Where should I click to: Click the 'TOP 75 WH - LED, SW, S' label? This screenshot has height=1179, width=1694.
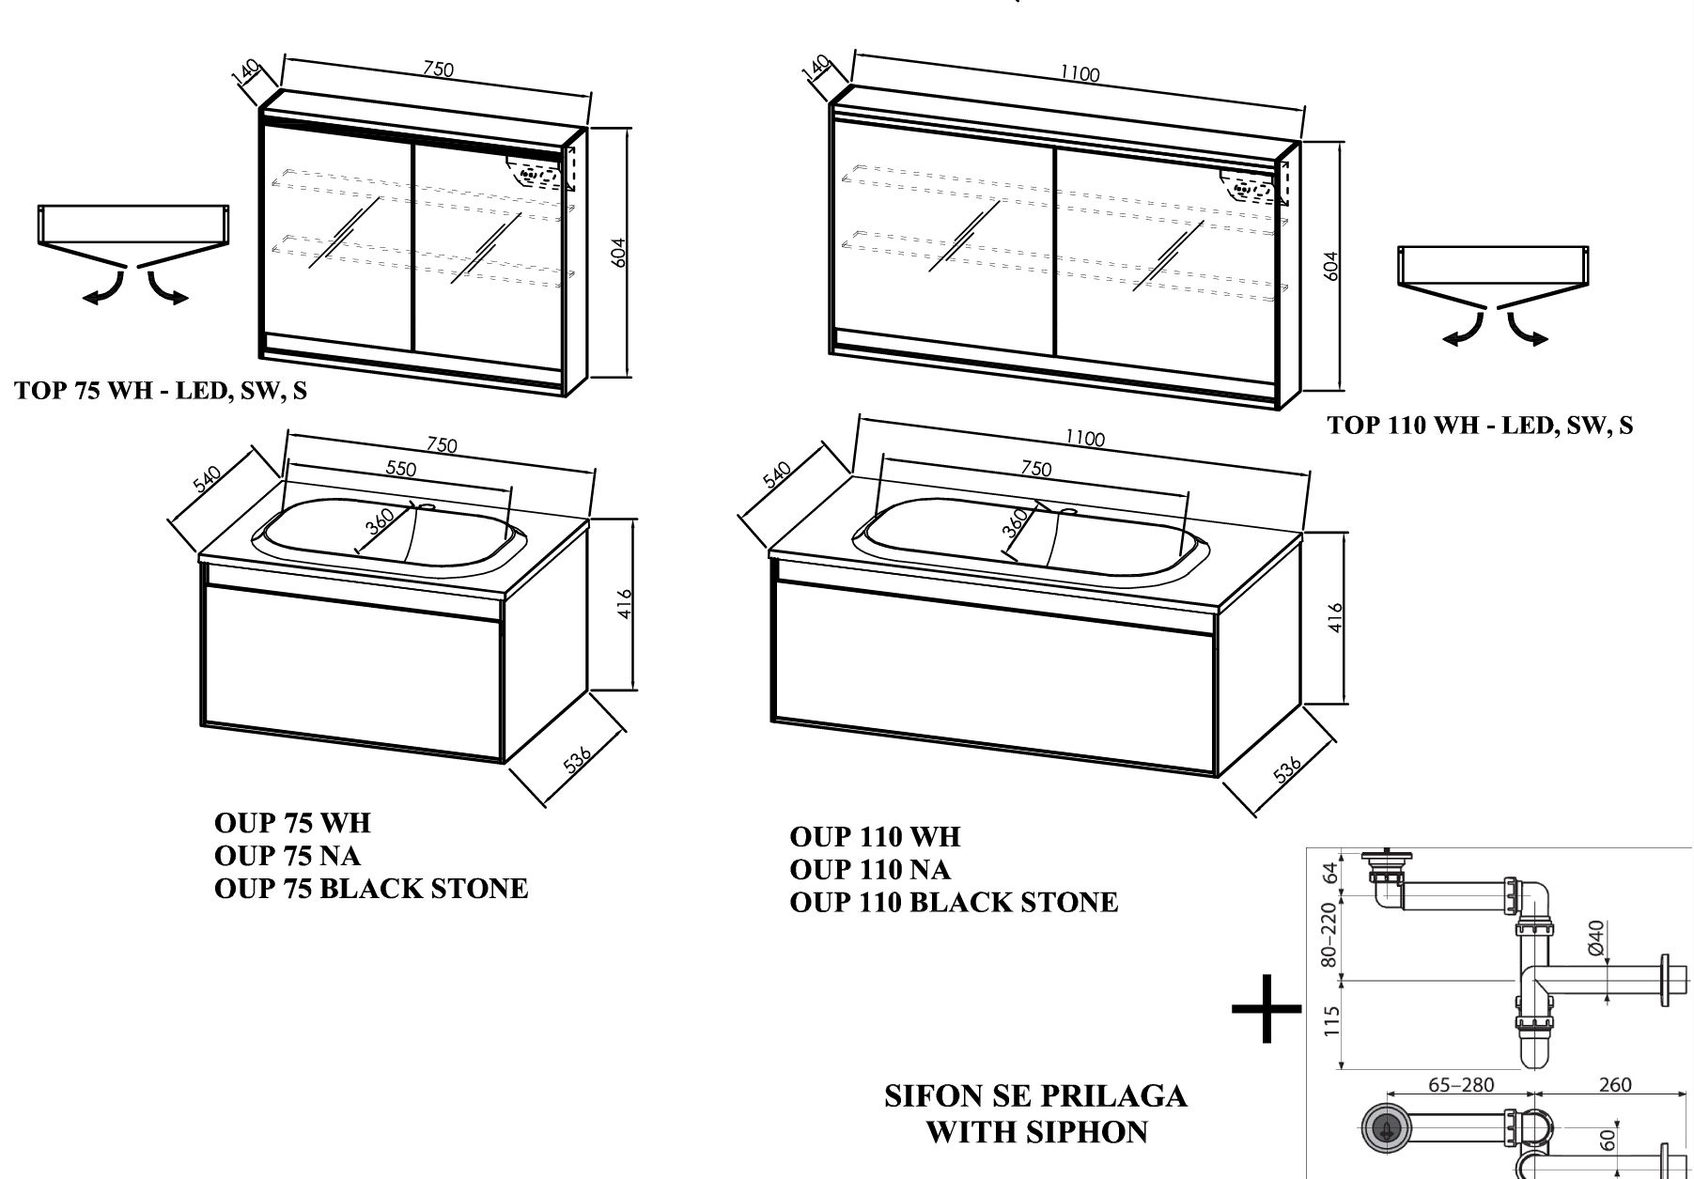coord(161,391)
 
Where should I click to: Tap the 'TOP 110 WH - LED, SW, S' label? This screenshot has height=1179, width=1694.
coord(1480,426)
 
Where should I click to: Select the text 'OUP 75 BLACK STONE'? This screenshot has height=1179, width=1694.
coord(371,888)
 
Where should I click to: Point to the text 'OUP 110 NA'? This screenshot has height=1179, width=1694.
coord(870,869)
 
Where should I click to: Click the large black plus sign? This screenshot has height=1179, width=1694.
coord(1267,1009)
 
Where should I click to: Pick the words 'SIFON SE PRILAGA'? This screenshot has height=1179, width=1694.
coord(1035,1096)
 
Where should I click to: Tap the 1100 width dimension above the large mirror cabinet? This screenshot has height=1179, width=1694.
coord(1080,73)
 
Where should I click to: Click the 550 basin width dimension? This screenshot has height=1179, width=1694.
coord(401,468)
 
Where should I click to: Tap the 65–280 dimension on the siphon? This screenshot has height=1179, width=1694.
coord(1461,1085)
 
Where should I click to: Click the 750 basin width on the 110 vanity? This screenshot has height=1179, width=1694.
coord(1035,469)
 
